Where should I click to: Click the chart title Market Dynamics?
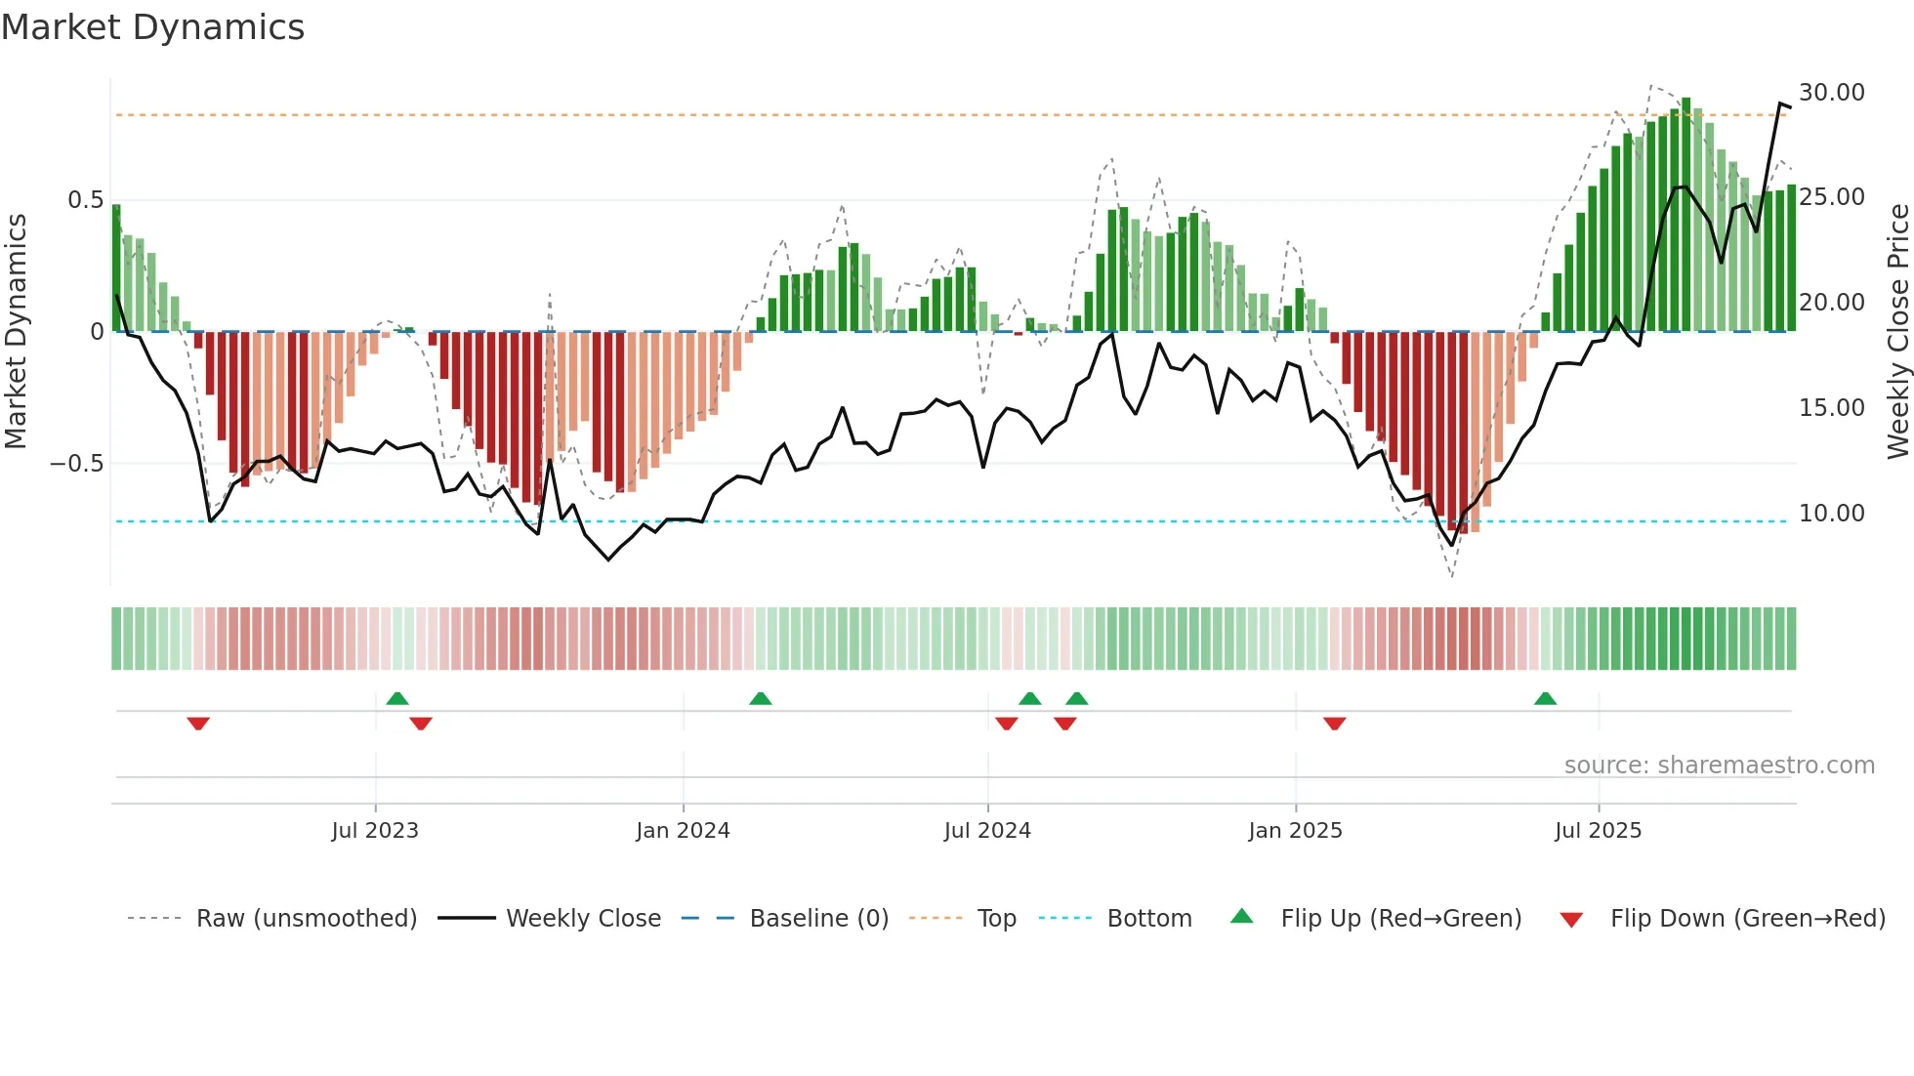point(153,27)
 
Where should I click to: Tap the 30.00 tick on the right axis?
point(1831,93)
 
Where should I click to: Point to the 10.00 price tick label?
point(1831,514)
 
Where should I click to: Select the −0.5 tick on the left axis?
point(77,464)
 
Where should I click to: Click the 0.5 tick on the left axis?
point(85,200)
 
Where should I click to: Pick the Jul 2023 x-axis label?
point(375,831)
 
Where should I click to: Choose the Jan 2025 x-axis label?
point(1295,831)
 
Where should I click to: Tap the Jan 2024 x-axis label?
point(683,831)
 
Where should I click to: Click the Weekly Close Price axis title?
point(1897,332)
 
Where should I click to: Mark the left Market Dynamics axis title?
point(16,332)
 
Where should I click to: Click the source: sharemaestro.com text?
point(1719,766)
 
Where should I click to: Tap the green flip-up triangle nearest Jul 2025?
point(1545,699)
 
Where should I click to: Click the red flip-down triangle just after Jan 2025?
point(1334,724)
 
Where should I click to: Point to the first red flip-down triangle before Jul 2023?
point(198,724)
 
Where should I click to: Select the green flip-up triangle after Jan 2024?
point(760,699)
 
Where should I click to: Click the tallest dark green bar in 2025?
point(1685,215)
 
